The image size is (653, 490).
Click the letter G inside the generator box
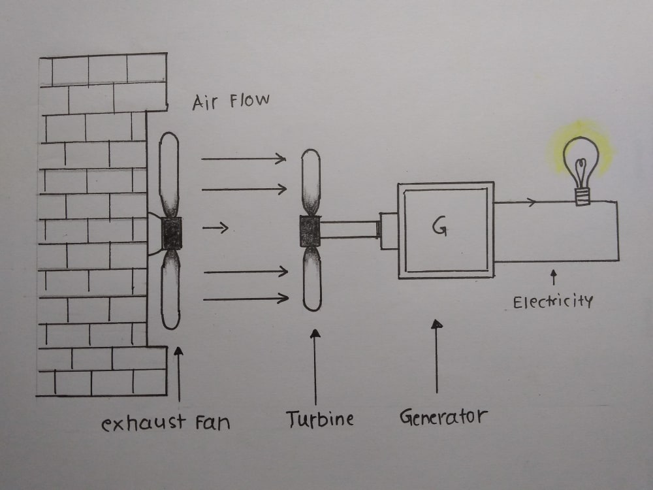(x=439, y=227)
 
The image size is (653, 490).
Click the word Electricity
(x=552, y=301)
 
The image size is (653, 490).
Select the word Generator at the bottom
(x=443, y=416)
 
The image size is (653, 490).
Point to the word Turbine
(x=320, y=419)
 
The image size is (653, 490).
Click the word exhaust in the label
(x=143, y=423)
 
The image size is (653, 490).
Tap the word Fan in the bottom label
(x=213, y=423)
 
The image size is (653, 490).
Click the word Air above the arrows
(x=205, y=103)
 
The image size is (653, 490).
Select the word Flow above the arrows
(x=249, y=101)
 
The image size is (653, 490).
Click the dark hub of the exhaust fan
(x=171, y=233)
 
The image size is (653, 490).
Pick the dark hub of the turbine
(x=310, y=231)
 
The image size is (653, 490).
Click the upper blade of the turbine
(x=311, y=182)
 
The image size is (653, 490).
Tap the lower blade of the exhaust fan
(x=170, y=289)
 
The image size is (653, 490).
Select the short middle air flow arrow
(x=215, y=227)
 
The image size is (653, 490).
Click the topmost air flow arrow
(x=244, y=158)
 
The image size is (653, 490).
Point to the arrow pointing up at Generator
(x=436, y=356)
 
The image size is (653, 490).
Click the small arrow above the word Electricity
(x=554, y=277)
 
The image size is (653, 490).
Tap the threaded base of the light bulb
(x=582, y=197)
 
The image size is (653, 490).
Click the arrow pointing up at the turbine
(x=315, y=367)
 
